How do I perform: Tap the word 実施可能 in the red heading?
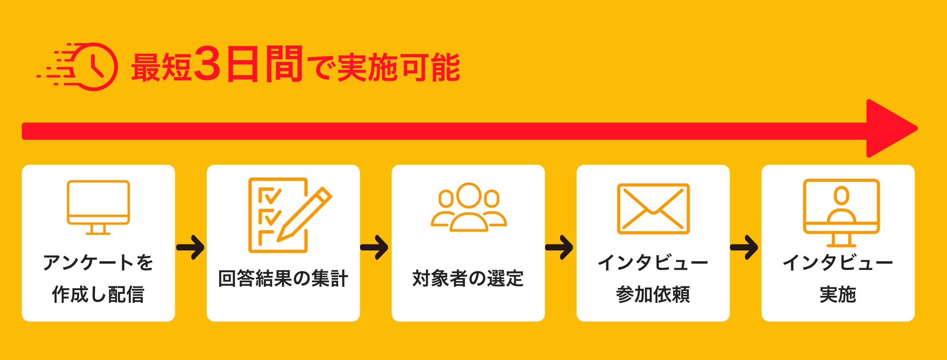pyautogui.click(x=398, y=68)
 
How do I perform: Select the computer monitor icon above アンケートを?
pyautogui.click(x=98, y=207)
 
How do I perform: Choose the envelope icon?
pyautogui.click(x=653, y=208)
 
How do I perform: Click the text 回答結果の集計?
pyautogui.click(x=283, y=278)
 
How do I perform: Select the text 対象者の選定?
pyautogui.click(x=468, y=278)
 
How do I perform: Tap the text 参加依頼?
pyautogui.click(x=653, y=294)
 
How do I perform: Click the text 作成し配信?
pyautogui.click(x=98, y=294)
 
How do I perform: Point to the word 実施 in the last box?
pyautogui.click(x=838, y=294)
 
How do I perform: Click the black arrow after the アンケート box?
pyautogui.click(x=190, y=247)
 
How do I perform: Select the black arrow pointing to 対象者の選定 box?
pyautogui.click(x=374, y=247)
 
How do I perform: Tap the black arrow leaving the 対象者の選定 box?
pyautogui.click(x=559, y=247)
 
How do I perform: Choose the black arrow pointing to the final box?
pyautogui.click(x=744, y=247)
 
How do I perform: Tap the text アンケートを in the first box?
pyautogui.click(x=98, y=262)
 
